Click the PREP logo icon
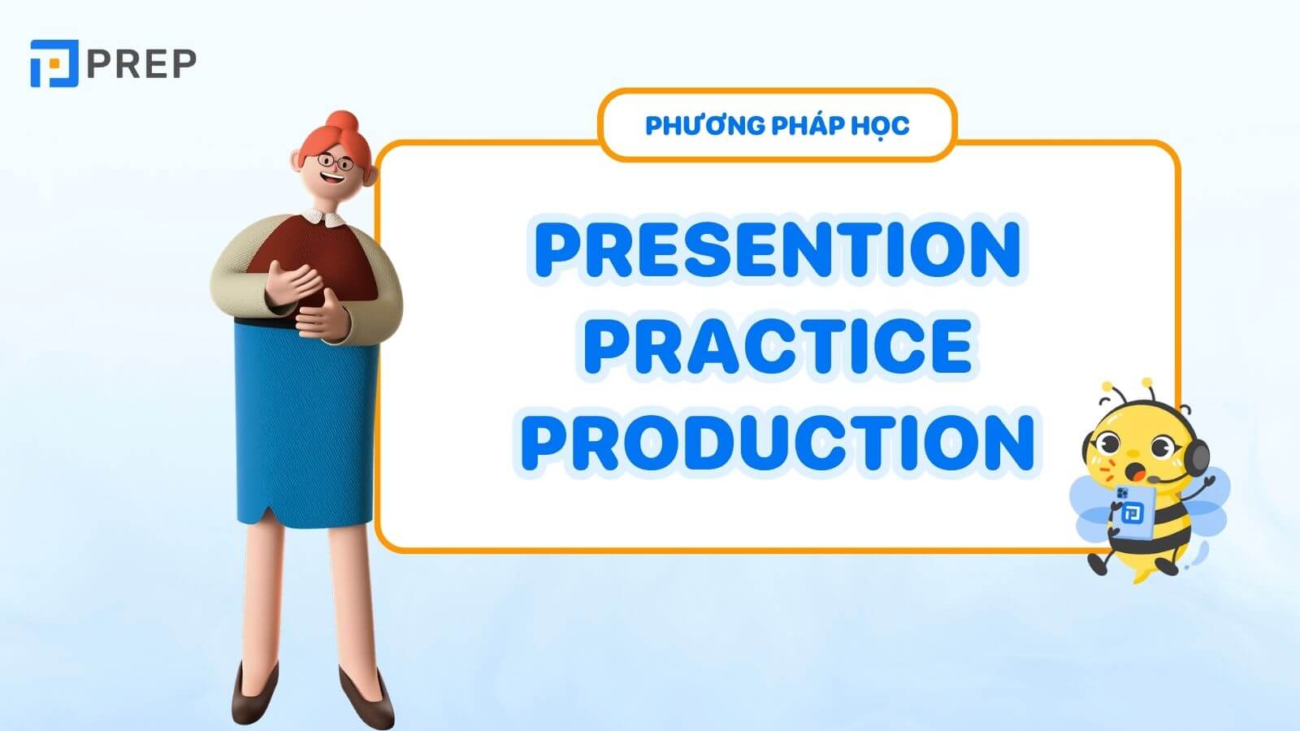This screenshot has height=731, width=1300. pyautogui.click(x=54, y=63)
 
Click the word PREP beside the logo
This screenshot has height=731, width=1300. pyautogui.click(x=141, y=63)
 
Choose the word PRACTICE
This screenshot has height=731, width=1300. pyautogui.click(x=778, y=345)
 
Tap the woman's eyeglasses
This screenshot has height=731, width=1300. pyautogui.click(x=333, y=162)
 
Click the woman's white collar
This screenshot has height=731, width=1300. pyautogui.click(x=324, y=218)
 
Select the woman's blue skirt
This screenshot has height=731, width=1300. pyautogui.click(x=305, y=422)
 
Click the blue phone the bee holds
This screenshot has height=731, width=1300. pyautogui.click(x=1129, y=511)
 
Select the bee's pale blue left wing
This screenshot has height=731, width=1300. pyautogui.click(x=1089, y=508)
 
